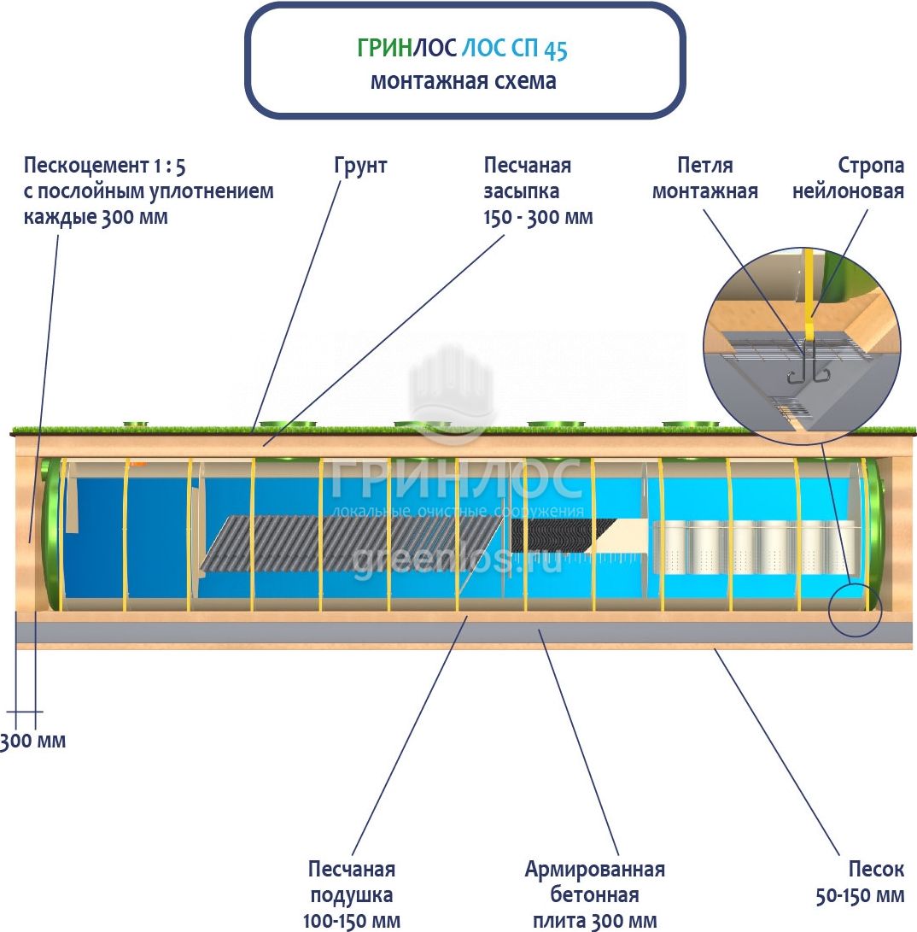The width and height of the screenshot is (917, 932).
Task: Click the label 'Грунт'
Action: [360, 165]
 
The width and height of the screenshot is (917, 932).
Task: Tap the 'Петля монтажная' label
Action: [704, 178]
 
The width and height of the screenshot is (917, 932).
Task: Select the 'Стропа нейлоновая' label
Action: [847, 178]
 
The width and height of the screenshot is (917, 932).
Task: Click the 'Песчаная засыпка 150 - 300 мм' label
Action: [537, 191]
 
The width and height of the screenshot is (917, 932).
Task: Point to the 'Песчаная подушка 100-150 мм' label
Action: [352, 894]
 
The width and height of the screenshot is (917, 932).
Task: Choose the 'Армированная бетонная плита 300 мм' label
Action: [594, 894]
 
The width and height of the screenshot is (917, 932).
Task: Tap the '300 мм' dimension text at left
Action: [32, 741]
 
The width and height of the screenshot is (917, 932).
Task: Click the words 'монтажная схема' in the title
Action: [464, 81]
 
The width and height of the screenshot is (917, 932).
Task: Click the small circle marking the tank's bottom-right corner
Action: [855, 609]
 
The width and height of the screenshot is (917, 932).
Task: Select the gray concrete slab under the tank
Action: [461, 632]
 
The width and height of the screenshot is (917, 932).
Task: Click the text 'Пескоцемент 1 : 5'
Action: [104, 165]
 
